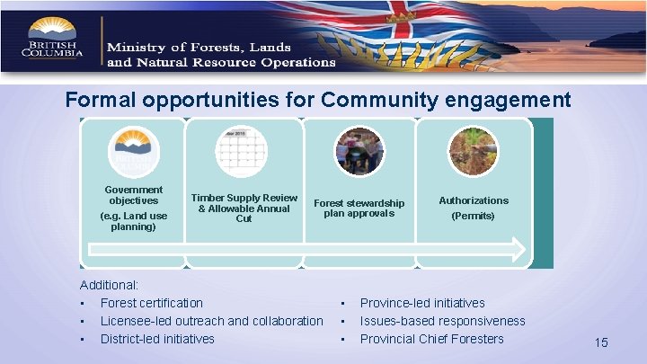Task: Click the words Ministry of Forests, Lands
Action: click(199, 47)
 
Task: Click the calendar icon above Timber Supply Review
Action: click(243, 149)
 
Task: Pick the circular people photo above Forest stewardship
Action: click(358, 150)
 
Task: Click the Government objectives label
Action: click(133, 195)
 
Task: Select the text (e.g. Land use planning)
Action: click(133, 221)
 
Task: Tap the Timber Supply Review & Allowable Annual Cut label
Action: click(244, 208)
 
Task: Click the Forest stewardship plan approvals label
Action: click(359, 208)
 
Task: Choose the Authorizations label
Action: click(473, 200)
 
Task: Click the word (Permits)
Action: click(473, 216)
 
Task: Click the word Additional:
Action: click(108, 285)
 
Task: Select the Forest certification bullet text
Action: click(151, 303)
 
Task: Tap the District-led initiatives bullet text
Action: click(157, 339)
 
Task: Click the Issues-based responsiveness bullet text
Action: click(442, 321)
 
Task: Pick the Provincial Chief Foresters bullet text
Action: click(431, 339)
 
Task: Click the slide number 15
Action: click(601, 342)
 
